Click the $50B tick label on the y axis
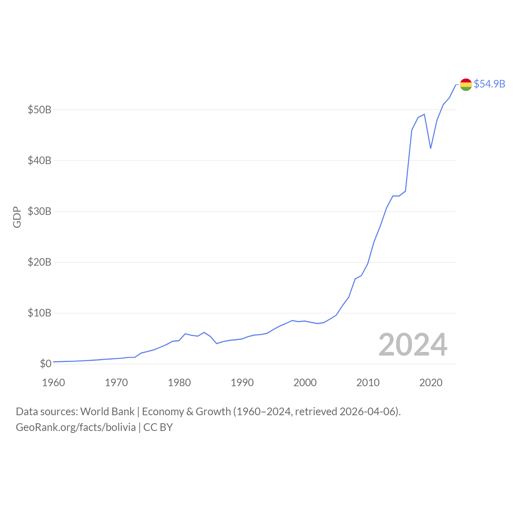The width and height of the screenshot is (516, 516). (40, 110)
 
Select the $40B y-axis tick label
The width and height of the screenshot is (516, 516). (40, 160)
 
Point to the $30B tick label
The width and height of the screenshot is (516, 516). (40, 211)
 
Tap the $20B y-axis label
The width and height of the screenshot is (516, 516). (40, 262)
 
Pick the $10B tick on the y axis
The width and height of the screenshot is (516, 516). (40, 313)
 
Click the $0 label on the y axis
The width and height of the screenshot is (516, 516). (46, 364)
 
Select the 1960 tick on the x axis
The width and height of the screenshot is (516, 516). (54, 383)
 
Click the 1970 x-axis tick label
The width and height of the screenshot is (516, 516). (117, 383)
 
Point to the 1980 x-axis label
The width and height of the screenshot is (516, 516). (179, 383)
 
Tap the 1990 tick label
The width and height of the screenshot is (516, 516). (242, 383)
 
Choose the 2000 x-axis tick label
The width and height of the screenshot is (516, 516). (305, 383)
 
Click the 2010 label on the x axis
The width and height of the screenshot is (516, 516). (368, 383)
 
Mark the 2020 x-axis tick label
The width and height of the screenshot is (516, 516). (431, 383)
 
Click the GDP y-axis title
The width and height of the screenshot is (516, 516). (17, 217)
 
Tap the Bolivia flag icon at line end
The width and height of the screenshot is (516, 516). (466, 85)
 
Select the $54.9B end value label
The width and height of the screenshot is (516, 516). (489, 84)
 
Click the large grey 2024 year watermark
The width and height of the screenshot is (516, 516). (413, 345)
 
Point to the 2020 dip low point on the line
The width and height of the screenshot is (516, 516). (431, 148)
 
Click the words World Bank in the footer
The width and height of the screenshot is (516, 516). (107, 412)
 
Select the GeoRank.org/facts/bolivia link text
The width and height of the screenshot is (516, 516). (76, 427)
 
